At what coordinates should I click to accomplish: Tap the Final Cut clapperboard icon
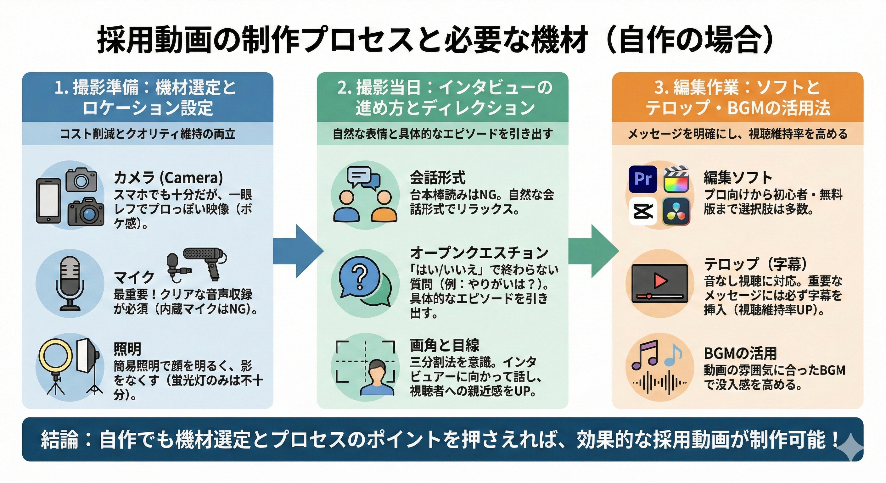[676, 179]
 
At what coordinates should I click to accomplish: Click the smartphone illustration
[48, 202]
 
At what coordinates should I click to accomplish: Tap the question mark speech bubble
[359, 277]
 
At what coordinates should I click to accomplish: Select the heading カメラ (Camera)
[168, 178]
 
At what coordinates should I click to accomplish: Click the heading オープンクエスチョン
[479, 253]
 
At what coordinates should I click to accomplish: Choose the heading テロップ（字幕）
[755, 264]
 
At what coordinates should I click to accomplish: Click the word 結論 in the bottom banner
[59, 440]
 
